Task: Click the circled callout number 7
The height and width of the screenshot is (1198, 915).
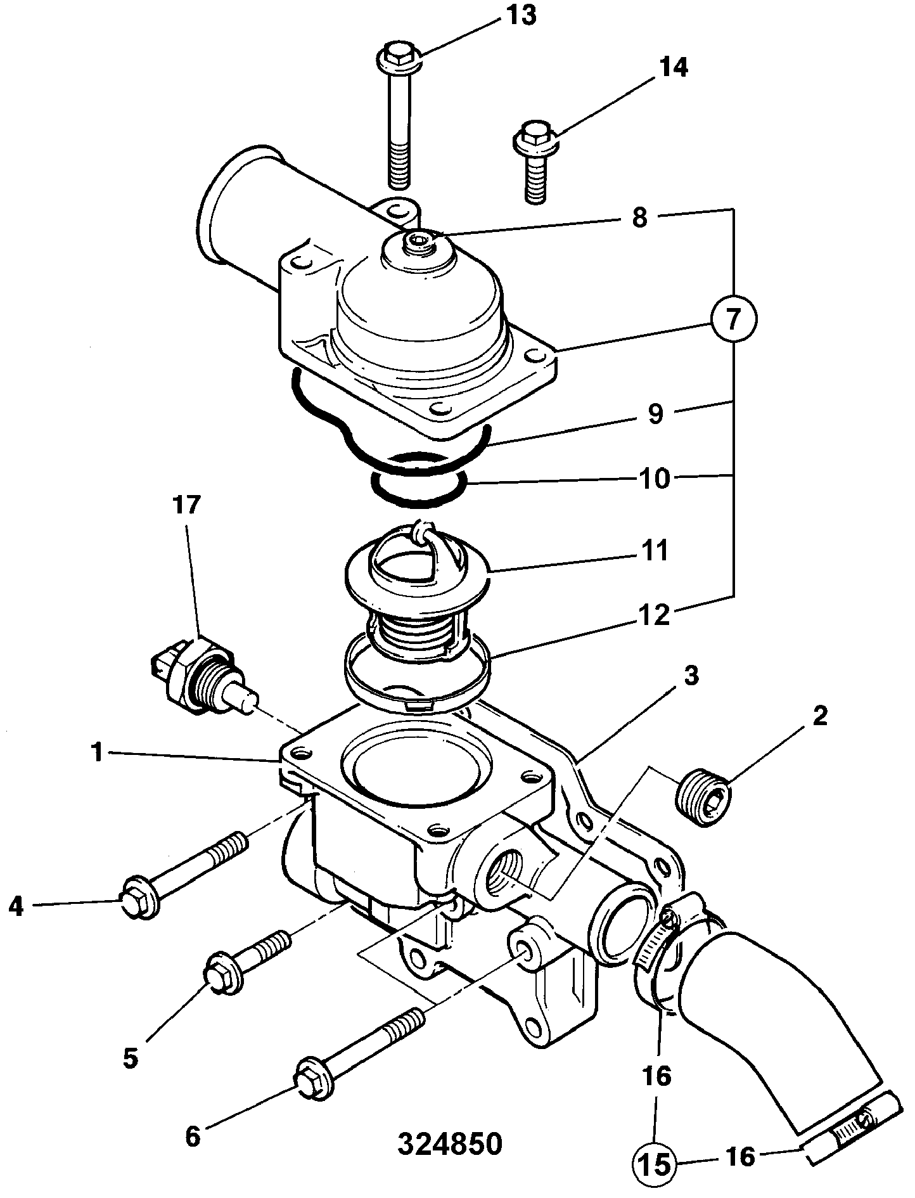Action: coord(733,320)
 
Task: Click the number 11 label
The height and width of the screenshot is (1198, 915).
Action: coord(653,551)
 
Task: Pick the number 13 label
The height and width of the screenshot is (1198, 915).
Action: coord(520,15)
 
